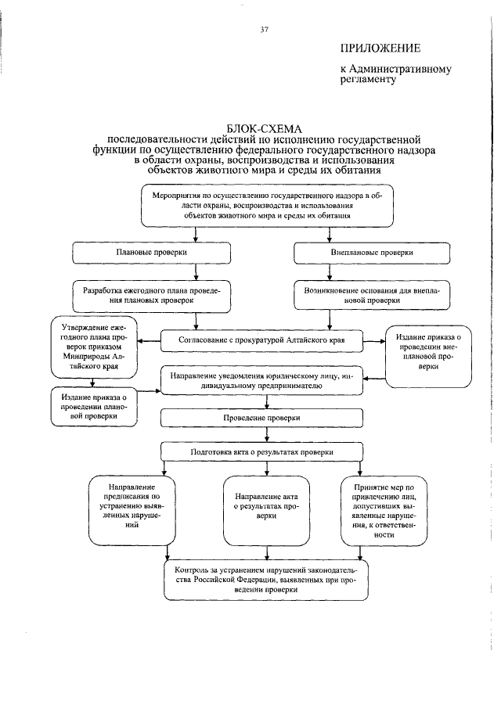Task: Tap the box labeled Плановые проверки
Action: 151,253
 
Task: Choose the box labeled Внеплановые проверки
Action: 372,253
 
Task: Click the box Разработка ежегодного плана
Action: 151,294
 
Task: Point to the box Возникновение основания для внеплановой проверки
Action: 372,294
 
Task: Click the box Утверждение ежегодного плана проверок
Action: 88,345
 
